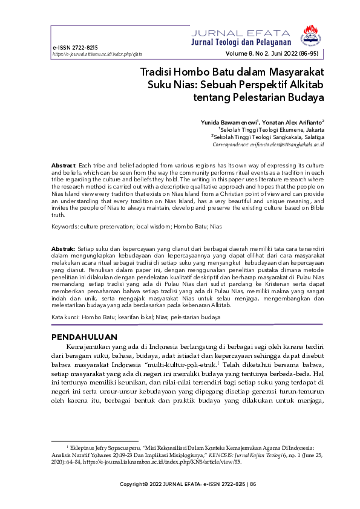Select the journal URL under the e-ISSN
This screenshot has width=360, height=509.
(89, 54)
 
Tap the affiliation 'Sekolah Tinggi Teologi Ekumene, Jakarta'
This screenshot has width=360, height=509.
(272, 130)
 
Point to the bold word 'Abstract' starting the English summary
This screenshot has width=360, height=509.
(64, 165)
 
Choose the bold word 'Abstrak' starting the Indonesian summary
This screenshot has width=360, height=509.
(63, 248)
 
